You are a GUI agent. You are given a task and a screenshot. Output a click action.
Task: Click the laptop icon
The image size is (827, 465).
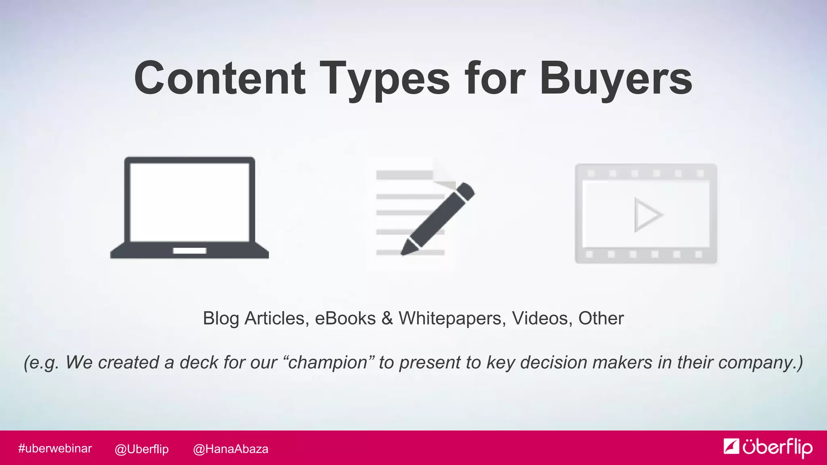(x=189, y=207)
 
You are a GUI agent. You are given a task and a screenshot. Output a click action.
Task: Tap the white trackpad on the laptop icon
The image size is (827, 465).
(x=189, y=251)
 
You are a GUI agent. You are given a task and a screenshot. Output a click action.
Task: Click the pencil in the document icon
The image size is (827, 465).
(x=438, y=218)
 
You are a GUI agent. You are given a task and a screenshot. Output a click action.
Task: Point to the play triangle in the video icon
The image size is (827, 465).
(x=647, y=214)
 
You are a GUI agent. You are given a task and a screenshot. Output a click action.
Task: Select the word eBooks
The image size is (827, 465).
(x=345, y=318)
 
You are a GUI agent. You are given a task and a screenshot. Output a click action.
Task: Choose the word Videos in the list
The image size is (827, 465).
(x=539, y=318)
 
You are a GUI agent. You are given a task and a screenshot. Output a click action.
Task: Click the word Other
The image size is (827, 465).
(x=601, y=318)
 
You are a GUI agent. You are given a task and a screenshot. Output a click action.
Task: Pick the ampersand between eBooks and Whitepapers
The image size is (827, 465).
(x=387, y=318)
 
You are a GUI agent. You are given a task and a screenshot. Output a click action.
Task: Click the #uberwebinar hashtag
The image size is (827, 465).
(x=55, y=448)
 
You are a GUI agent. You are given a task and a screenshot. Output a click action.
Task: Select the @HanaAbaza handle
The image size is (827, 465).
(x=231, y=449)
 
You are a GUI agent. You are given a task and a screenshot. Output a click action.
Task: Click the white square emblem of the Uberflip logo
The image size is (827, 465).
(x=731, y=446)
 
